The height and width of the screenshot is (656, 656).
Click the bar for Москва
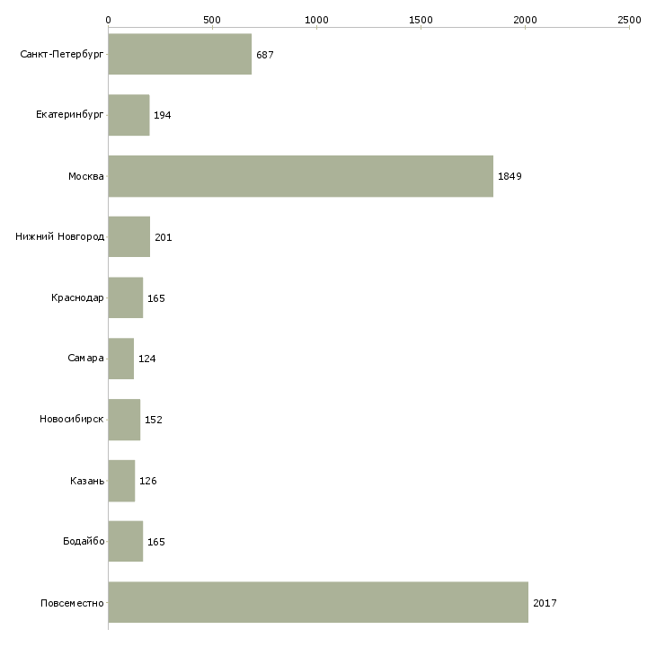301,176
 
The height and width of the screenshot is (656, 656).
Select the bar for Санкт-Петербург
180,54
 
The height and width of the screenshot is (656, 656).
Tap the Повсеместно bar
318,602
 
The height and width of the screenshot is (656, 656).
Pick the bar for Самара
121,359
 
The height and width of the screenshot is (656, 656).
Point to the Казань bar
121,481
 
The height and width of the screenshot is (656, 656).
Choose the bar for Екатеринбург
129,115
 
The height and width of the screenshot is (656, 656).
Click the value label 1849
510,176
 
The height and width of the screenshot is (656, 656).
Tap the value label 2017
545,603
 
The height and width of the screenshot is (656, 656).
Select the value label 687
265,55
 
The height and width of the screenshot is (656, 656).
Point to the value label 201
164,237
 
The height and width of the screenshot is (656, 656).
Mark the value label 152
153,420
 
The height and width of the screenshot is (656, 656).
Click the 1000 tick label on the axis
316,20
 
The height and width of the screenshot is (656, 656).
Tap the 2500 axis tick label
629,20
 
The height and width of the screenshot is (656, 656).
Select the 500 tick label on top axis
212,20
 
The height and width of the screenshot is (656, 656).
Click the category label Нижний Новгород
60,237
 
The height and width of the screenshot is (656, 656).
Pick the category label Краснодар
77,297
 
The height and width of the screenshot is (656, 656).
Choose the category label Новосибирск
72,419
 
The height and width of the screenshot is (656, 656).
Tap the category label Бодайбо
84,541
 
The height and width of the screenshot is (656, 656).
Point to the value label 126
148,481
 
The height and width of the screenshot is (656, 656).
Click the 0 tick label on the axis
109,20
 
